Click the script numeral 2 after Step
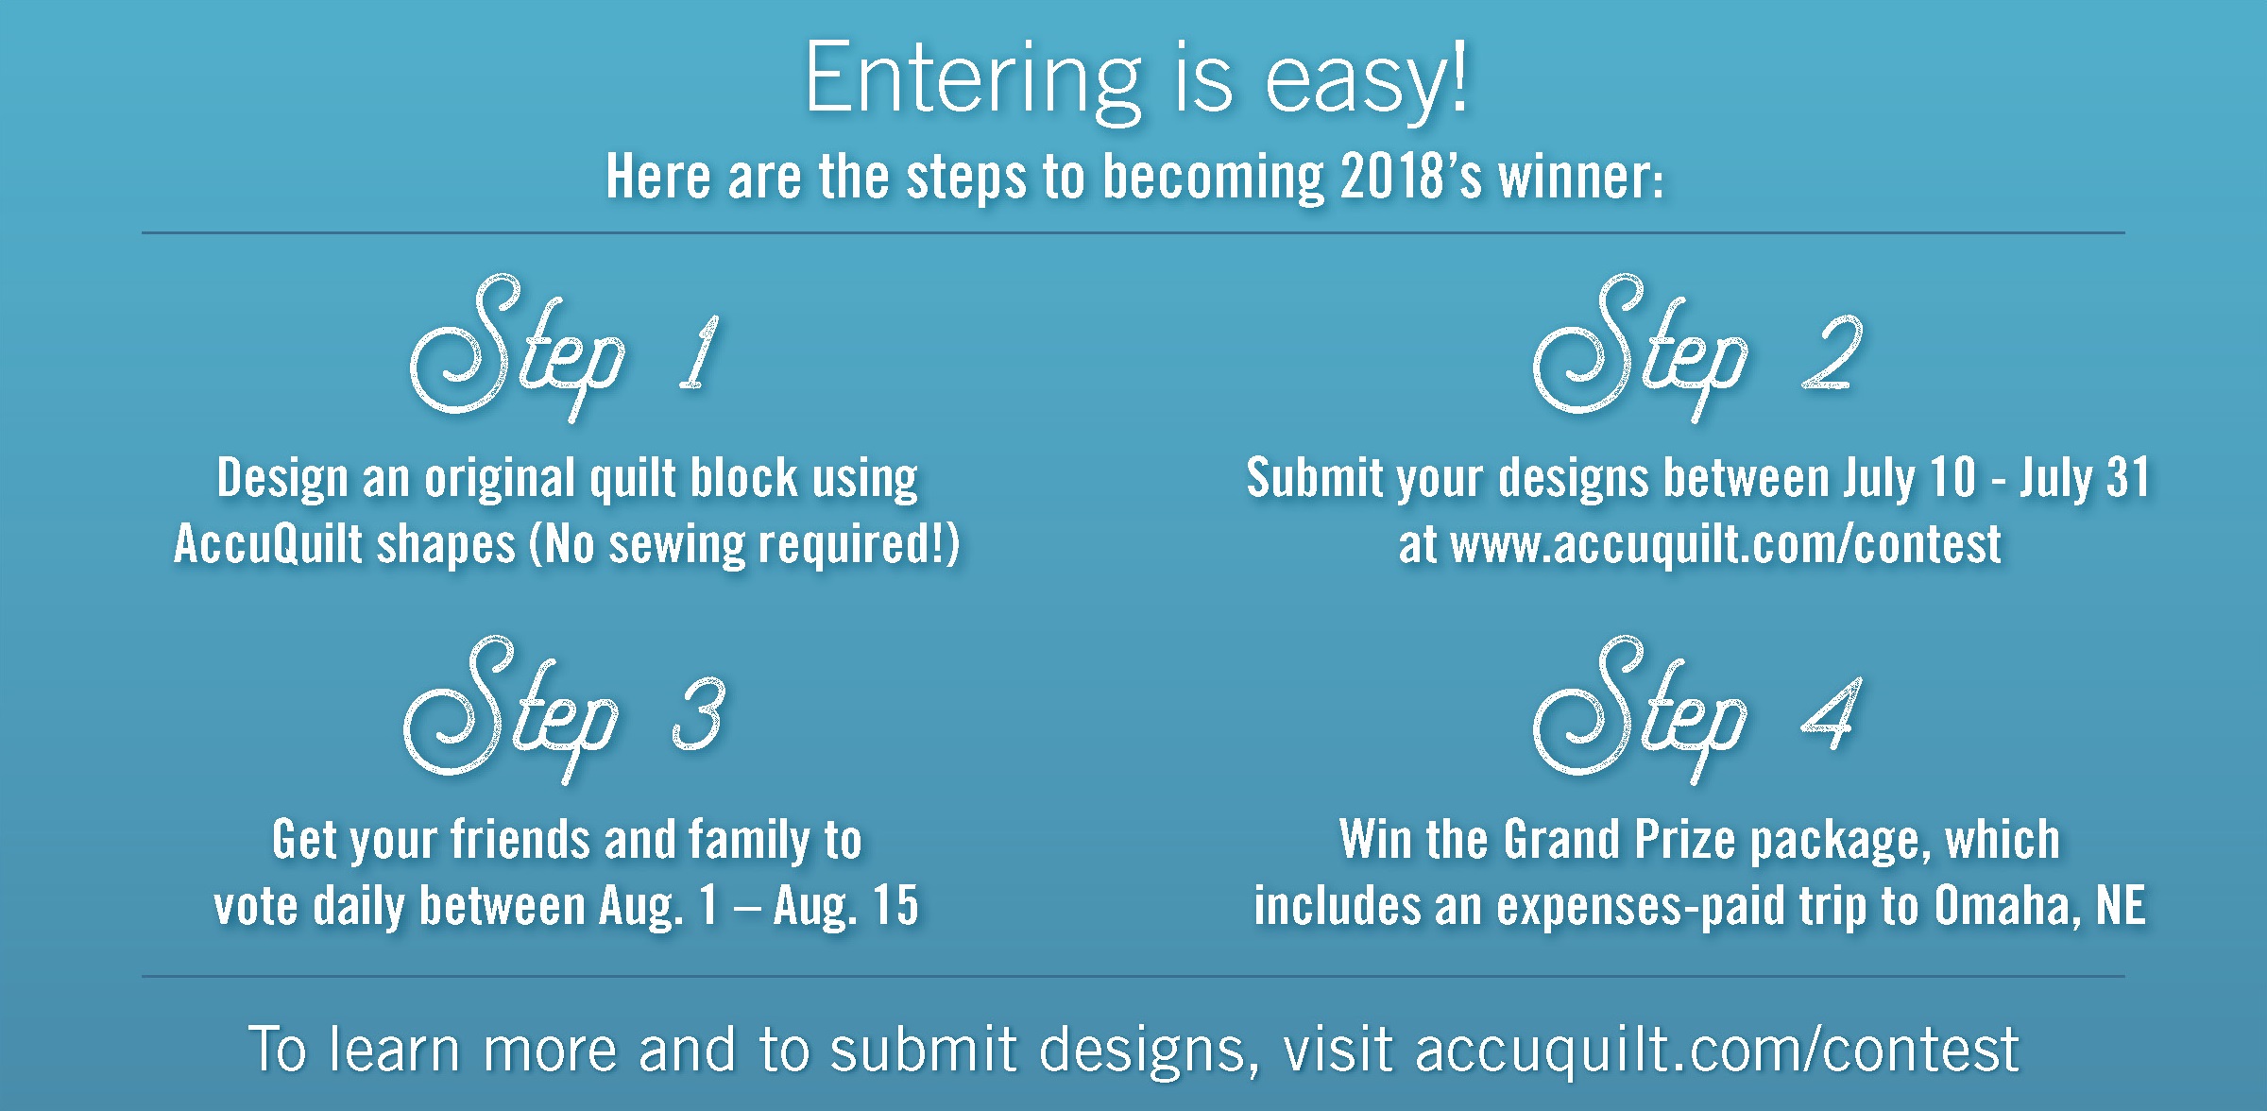pyautogui.click(x=1831, y=353)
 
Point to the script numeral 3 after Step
pyautogui.click(x=698, y=715)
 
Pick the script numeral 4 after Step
pyautogui.click(x=1831, y=715)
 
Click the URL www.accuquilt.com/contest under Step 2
pyautogui.click(x=1726, y=545)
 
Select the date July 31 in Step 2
pyautogui.click(x=2085, y=478)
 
